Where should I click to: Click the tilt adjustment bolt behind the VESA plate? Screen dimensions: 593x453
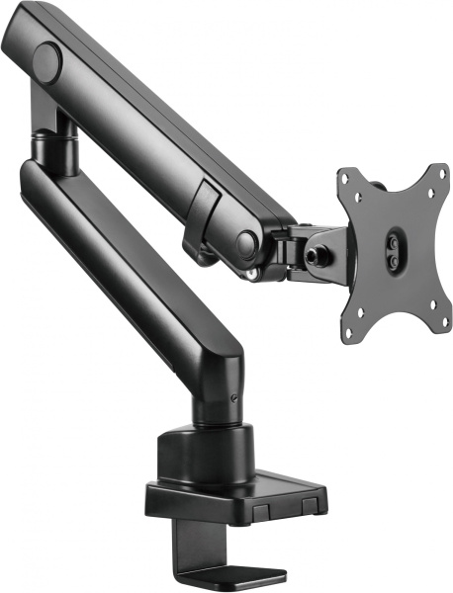320,252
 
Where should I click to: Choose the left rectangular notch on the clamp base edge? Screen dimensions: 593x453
261,511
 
